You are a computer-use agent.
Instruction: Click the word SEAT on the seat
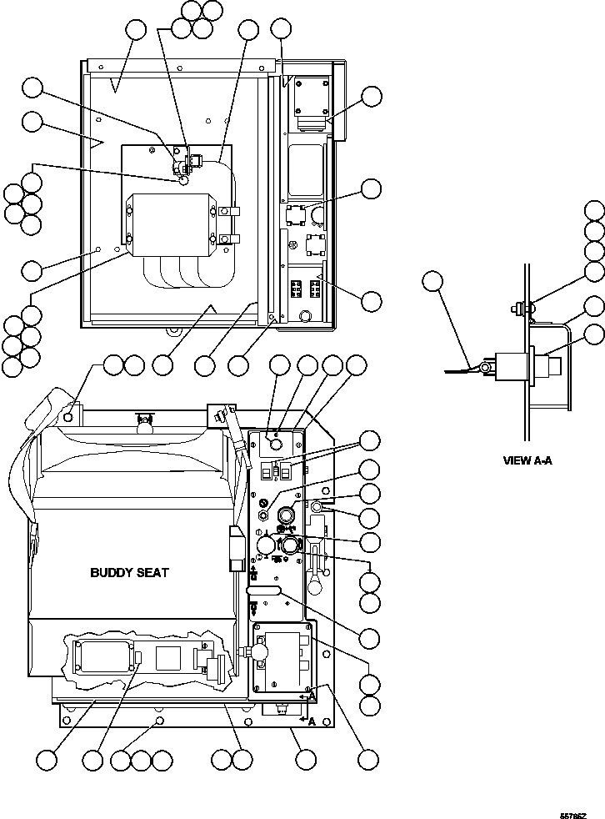[x=152, y=573]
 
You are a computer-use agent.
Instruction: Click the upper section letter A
[x=312, y=695]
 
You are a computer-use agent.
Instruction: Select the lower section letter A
[x=312, y=721]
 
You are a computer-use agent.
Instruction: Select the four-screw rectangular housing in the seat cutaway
[x=107, y=658]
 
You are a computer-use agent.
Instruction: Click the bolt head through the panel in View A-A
[x=519, y=309]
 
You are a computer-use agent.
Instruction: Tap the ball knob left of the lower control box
[x=260, y=650]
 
